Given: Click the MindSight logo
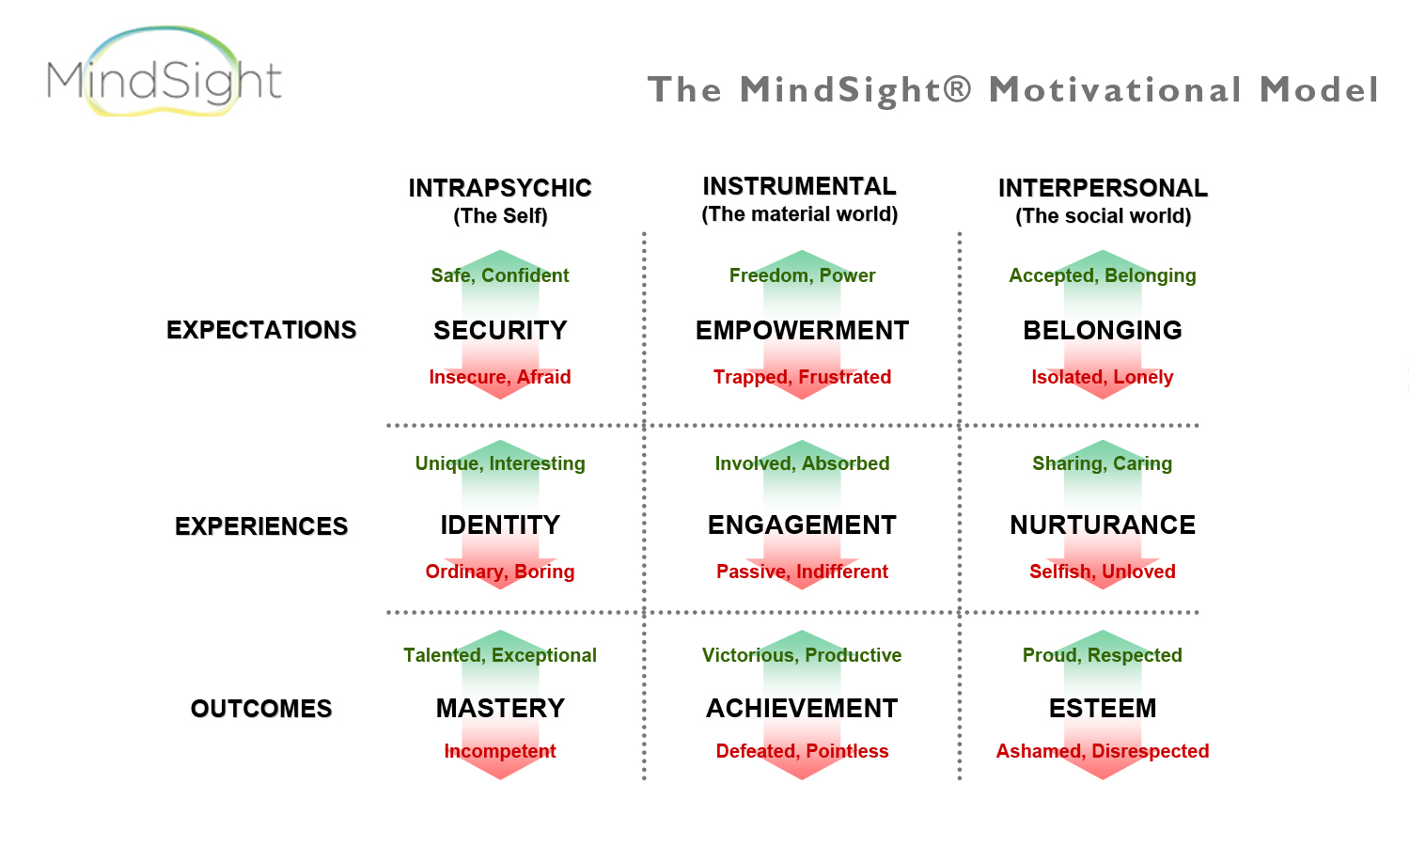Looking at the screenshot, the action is pos(164,71).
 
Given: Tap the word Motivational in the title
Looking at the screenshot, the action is pos(1116,88).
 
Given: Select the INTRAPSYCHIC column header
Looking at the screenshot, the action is pos(500,188).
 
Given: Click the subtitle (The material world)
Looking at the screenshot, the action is pos(800,214).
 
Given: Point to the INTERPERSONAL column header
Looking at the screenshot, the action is pos(1103,188).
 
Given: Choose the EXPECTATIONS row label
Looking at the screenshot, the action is pos(261,330).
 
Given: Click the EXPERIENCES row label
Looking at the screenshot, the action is pos(261,526).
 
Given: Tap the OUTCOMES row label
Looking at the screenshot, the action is pos(261,709).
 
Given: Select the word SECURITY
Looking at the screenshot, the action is pos(500,331).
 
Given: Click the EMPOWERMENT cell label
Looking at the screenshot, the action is pos(802,331).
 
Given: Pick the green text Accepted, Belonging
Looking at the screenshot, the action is pos(1103,275).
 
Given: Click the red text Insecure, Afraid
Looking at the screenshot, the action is pos(500,377).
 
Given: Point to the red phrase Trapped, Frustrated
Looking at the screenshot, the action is pos(802,377).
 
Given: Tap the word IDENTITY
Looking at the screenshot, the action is pos(500,525).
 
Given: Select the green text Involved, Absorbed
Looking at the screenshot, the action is pos(802,463).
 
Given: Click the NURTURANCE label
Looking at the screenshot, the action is pos(1103,525).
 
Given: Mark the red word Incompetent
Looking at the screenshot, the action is pos(500,751).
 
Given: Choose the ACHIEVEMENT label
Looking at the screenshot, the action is pos(802,709).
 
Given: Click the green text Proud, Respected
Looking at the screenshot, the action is pos(1103,655).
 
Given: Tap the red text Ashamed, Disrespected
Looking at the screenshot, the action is pos(1103,751).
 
